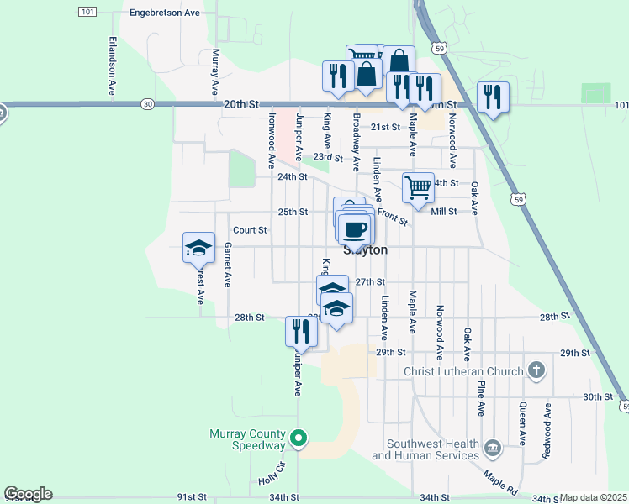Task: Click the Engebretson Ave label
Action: point(164,13)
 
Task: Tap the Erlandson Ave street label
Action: point(111,57)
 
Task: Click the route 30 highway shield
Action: point(148,103)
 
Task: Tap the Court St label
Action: point(250,229)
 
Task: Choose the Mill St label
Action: point(443,212)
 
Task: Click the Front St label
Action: point(393,218)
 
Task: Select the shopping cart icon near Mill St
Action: point(418,186)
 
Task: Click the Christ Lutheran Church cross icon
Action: point(536,371)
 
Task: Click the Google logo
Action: point(28,494)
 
